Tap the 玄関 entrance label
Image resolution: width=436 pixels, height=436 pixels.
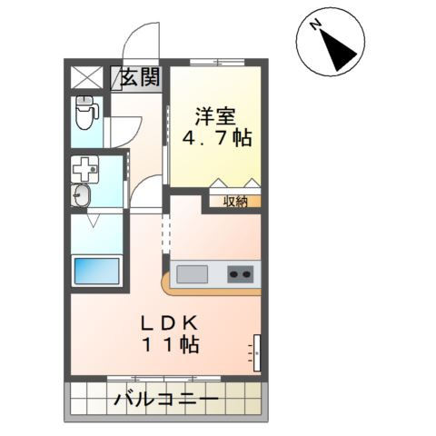pyautogui.click(x=140, y=76)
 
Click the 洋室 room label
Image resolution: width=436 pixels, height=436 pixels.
pyautogui.click(x=216, y=116)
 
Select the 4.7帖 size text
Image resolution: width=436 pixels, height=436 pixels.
pyautogui.click(x=217, y=140)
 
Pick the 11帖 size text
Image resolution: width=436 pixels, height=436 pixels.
pyautogui.click(x=170, y=347)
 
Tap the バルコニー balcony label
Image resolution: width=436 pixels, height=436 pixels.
pyautogui.click(x=166, y=400)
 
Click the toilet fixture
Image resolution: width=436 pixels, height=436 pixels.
pyautogui.click(x=87, y=113)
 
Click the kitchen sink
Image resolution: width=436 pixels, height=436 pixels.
pyautogui.click(x=193, y=272)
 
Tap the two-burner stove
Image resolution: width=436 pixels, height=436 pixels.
pyautogui.click(x=241, y=272)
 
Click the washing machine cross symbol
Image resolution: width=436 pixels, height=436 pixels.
pyautogui.click(x=85, y=170)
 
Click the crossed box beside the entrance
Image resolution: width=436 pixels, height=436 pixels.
pyautogui.click(x=87, y=76)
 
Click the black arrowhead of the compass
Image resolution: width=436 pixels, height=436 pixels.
pyautogui.click(x=343, y=55)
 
